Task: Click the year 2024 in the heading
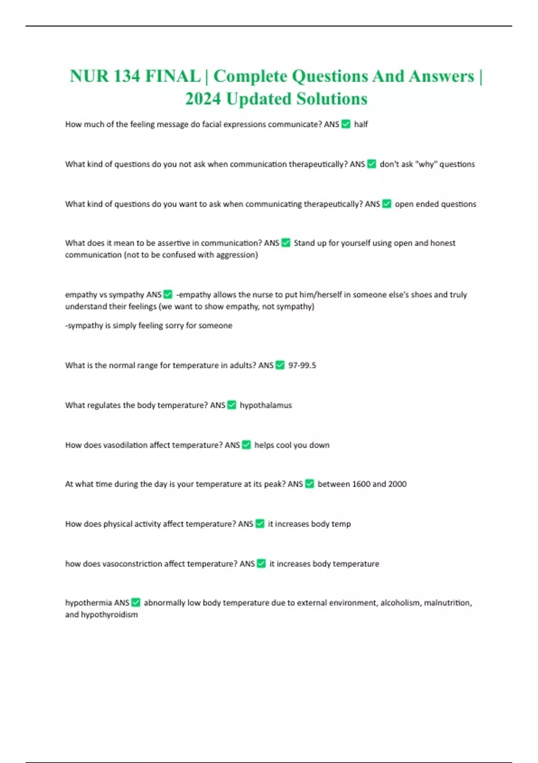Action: pos(203,99)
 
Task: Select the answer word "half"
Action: pos(361,124)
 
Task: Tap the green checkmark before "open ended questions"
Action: pos(386,204)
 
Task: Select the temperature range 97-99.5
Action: pos(302,365)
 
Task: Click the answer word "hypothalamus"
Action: pos(266,405)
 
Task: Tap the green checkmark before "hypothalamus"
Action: pos(232,405)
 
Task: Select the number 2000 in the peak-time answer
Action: pos(397,484)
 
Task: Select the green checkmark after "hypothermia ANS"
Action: pos(135,602)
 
